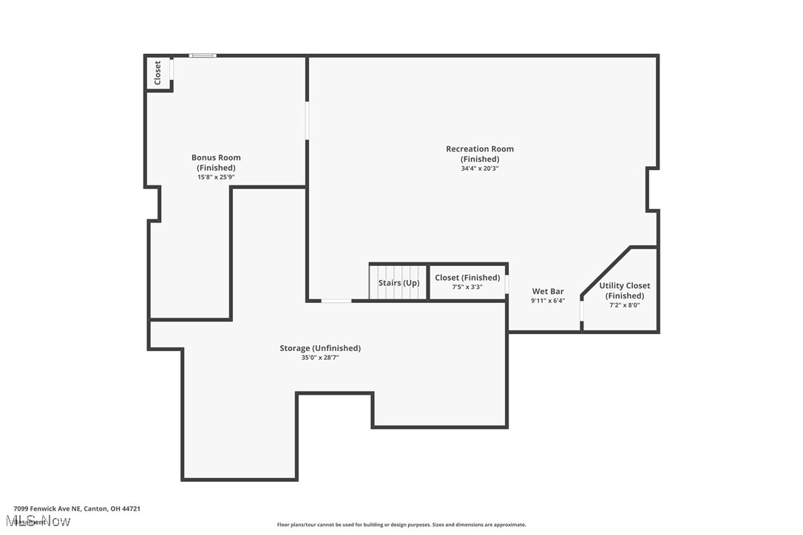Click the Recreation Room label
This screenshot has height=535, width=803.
tap(479, 154)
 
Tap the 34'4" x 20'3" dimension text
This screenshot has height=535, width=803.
tap(479, 168)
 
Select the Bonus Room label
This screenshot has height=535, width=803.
tap(216, 162)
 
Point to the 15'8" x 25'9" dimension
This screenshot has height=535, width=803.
tap(216, 177)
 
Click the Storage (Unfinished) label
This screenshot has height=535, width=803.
tap(320, 348)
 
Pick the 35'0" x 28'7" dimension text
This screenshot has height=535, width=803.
tap(320, 358)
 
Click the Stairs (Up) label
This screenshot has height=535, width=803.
tap(399, 283)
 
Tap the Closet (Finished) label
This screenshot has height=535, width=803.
tap(467, 278)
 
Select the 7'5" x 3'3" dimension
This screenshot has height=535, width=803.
tap(467, 287)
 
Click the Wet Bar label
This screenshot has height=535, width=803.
tap(548, 291)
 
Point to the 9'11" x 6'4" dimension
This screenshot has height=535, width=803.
tap(548, 301)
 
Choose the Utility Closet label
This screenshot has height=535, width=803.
tap(625, 290)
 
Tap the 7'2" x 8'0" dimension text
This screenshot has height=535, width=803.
tap(625, 305)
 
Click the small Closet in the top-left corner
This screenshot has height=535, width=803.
tap(157, 72)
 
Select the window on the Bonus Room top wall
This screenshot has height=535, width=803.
tap(203, 55)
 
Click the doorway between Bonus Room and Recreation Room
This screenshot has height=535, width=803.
tap(307, 120)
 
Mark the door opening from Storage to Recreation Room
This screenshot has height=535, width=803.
tap(336, 301)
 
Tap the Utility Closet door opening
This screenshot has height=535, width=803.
tap(582, 313)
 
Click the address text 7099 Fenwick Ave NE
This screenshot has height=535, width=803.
tap(77, 508)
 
